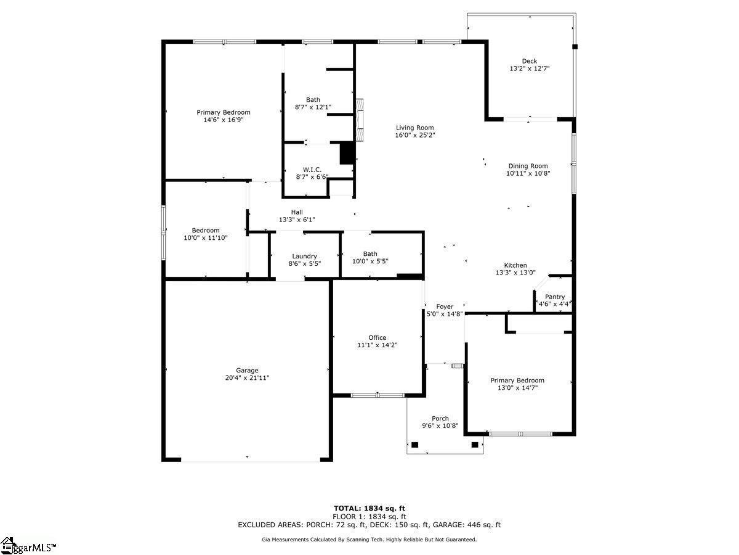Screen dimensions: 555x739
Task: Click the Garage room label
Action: coord(247,371)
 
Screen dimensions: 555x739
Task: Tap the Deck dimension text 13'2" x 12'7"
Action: coord(529,69)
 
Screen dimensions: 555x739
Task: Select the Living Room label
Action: coord(415,128)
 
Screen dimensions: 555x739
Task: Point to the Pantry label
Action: coord(554,297)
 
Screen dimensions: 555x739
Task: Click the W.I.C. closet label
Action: coord(312,170)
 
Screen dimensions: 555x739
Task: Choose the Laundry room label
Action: coord(304,256)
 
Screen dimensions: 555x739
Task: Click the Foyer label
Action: coord(445,306)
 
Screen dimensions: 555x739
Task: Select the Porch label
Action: coord(440,418)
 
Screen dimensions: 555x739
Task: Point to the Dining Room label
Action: coord(528,166)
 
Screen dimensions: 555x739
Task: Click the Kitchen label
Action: coord(515,265)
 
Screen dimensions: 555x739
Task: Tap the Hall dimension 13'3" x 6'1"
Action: coord(297,220)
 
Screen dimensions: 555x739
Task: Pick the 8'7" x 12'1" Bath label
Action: coord(313,100)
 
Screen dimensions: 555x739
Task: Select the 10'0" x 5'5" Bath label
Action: coord(370,253)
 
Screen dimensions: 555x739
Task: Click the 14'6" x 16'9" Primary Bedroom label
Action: coord(224,112)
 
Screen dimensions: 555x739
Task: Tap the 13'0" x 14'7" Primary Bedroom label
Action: coord(517,380)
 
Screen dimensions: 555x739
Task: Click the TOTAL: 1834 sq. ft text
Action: coord(369,508)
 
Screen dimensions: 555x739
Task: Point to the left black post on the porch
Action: coord(414,445)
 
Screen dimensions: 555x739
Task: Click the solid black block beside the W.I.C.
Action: coord(348,152)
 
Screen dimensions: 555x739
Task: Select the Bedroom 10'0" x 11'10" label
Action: coord(205,230)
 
